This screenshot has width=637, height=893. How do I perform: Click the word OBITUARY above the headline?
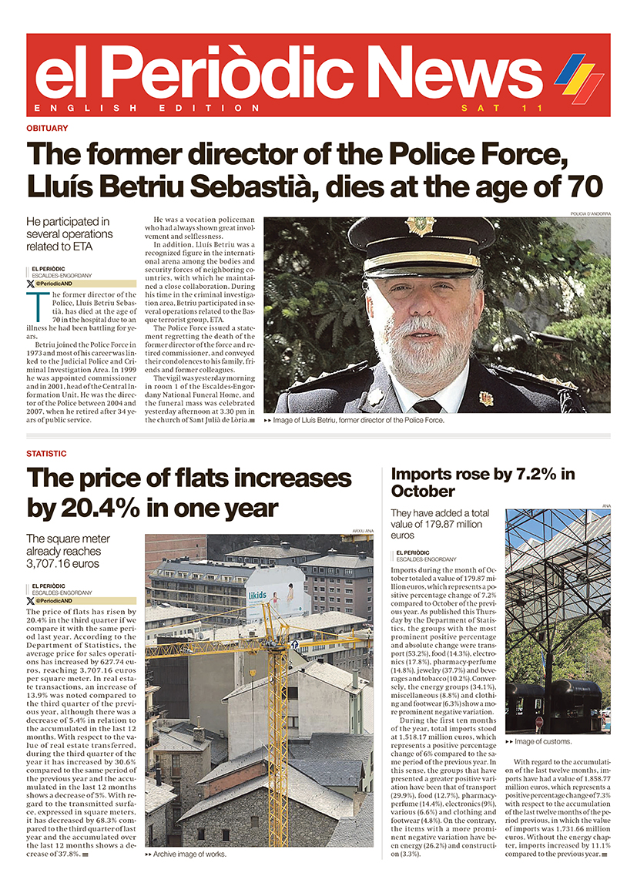click(x=47, y=128)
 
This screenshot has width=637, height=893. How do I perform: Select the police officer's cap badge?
click(x=421, y=225)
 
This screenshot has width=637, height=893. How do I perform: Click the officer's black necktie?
click(x=427, y=405)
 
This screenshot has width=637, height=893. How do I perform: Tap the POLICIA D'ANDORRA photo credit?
click(x=589, y=213)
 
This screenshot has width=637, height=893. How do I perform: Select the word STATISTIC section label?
click(x=46, y=454)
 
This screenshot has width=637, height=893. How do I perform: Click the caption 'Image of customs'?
click(x=542, y=741)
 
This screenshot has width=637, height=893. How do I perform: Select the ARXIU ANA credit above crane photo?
click(x=362, y=532)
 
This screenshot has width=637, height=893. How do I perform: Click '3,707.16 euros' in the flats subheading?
click(x=63, y=564)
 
